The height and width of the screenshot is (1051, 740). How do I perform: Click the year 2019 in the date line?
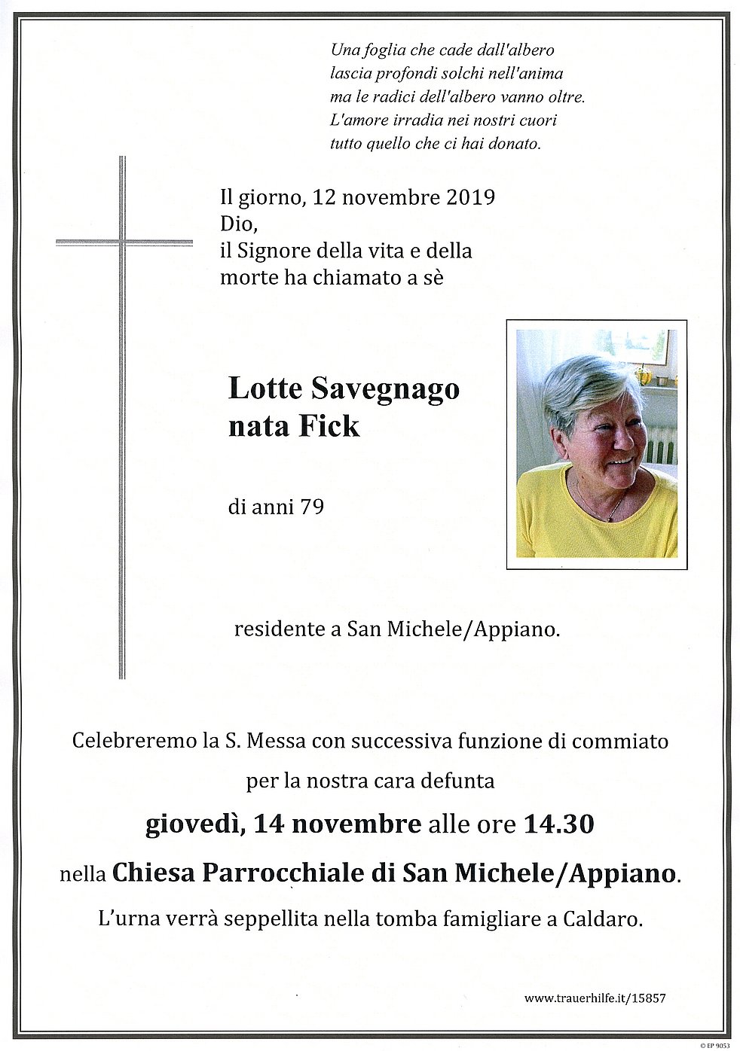pyautogui.click(x=471, y=197)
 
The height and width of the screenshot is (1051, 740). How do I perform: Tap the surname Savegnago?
pyautogui.click(x=385, y=388)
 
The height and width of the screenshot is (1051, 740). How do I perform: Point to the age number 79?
pyautogui.click(x=312, y=507)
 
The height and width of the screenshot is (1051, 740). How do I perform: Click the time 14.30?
pyautogui.click(x=558, y=824)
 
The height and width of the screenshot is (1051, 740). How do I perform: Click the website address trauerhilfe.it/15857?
pyautogui.click(x=595, y=998)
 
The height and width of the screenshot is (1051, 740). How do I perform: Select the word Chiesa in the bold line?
pyautogui.click(x=154, y=873)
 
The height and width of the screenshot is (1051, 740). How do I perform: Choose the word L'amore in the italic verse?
pyautogui.click(x=359, y=120)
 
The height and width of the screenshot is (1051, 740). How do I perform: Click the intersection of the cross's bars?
pyautogui.click(x=122, y=242)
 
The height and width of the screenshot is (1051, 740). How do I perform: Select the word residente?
pyautogui.click(x=278, y=629)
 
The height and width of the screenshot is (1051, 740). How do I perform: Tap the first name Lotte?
pyautogui.click(x=265, y=388)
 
